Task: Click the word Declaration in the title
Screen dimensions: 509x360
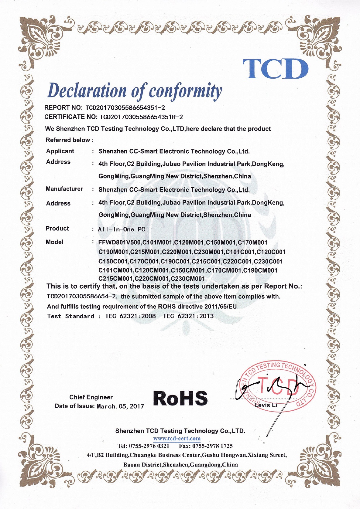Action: click(87, 90)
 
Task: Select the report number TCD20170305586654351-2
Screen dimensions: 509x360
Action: click(125, 108)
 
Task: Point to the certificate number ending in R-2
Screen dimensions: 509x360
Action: click(141, 117)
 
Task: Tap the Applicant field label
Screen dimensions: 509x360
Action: click(60, 151)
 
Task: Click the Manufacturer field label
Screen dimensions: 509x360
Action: click(64, 189)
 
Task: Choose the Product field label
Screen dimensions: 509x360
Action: click(57, 229)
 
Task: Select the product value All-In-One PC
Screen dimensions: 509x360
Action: click(122, 229)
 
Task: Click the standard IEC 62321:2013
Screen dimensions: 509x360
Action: click(189, 316)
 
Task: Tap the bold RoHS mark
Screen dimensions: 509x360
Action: click(180, 398)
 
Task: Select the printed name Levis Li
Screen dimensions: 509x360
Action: click(266, 405)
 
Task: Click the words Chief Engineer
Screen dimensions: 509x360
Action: click(91, 397)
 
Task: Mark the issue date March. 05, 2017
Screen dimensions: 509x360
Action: click(120, 406)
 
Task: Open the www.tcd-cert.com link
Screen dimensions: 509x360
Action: click(177, 438)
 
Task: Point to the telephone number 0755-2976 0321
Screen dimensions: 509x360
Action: click(149, 446)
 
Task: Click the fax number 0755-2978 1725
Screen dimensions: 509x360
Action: click(212, 446)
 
